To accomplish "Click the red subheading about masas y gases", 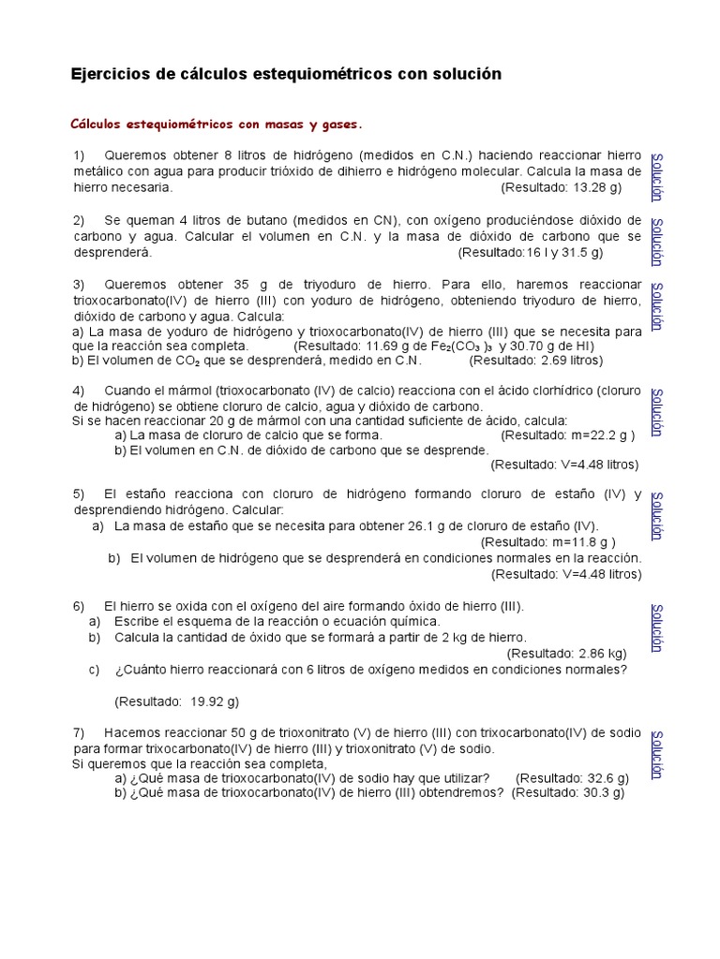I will point(216,124).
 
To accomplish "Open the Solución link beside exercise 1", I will point(657,175).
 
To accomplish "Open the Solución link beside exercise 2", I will point(657,242).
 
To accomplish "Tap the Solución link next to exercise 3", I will point(657,306).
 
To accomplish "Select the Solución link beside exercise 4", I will point(657,412).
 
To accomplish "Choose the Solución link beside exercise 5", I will point(657,515).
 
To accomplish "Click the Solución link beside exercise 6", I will point(657,627).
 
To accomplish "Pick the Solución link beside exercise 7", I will point(657,754).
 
